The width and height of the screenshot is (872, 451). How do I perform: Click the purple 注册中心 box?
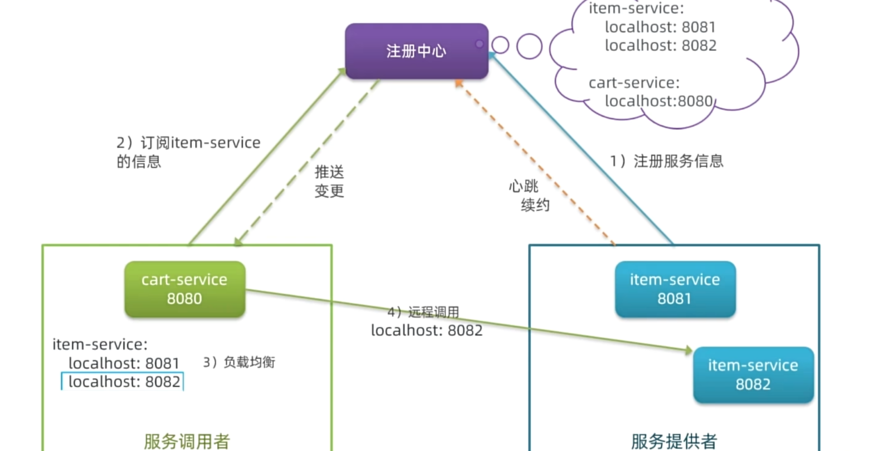[416, 51]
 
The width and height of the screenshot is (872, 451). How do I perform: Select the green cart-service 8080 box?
[185, 289]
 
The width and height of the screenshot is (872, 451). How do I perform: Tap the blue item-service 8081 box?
[675, 289]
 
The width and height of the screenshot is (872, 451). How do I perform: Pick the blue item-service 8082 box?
[753, 375]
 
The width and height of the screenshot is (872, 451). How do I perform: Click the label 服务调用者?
[187, 441]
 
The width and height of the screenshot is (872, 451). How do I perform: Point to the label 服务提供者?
[674, 441]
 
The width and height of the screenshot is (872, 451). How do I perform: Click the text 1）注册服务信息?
[666, 161]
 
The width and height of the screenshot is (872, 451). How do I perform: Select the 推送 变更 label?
[329, 181]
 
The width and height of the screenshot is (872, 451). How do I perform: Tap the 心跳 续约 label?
[529, 195]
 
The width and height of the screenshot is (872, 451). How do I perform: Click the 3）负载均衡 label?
[239, 362]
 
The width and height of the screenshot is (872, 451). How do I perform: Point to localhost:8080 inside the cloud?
[659, 101]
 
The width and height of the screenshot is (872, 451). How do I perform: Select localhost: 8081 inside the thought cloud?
[660, 27]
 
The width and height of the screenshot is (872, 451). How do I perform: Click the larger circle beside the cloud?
[529, 46]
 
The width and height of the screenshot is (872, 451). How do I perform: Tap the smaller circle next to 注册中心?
[500, 45]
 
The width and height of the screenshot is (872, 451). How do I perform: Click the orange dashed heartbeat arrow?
[536, 163]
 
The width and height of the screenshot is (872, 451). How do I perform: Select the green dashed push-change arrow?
[308, 161]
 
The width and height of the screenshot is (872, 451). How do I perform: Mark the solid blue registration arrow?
[583, 149]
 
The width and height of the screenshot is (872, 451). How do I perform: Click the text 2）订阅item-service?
[188, 143]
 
